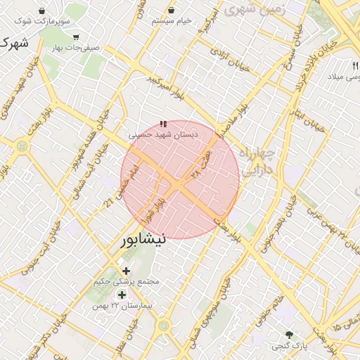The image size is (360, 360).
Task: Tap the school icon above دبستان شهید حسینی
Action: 164,124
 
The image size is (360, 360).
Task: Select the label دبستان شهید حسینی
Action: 163,133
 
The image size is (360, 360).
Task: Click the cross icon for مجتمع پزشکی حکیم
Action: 126,271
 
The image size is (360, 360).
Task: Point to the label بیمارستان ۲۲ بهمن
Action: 127,307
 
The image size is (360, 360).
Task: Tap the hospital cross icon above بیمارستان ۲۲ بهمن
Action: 122,295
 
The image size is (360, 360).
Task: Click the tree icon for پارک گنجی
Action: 289,334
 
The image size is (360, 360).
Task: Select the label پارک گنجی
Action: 289,346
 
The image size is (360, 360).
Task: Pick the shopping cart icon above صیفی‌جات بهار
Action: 76,37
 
